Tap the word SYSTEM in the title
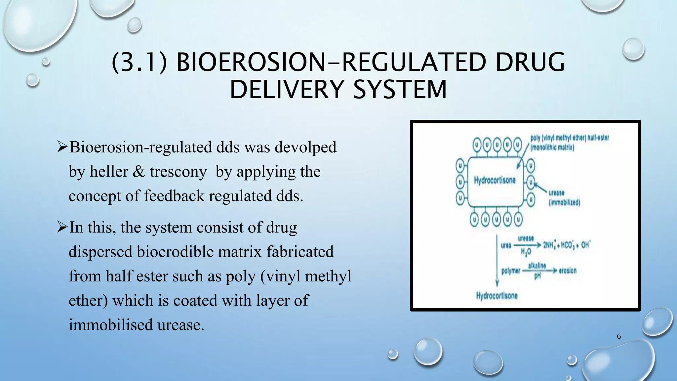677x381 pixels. pyautogui.click(x=400, y=90)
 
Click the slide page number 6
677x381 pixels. pyautogui.click(x=619, y=336)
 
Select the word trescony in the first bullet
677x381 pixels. pyautogui.click(x=178, y=172)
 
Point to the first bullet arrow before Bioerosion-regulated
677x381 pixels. pyautogui.click(x=62, y=147)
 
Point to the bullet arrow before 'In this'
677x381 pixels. pyautogui.click(x=62, y=227)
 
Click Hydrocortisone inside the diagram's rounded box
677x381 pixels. pyautogui.click(x=495, y=180)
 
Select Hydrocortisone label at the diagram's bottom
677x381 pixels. pyautogui.click(x=497, y=296)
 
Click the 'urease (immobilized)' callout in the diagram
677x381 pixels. pyautogui.click(x=564, y=198)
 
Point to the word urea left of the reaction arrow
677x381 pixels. pyautogui.click(x=506, y=245)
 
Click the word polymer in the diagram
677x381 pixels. pyautogui.click(x=510, y=271)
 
